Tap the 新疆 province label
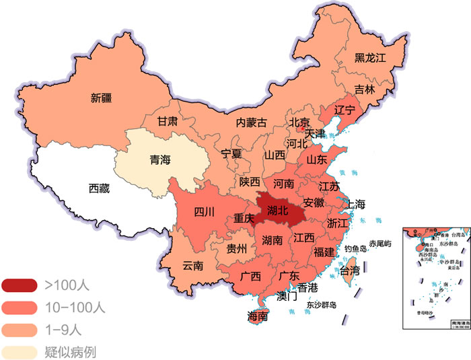102,98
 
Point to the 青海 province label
159,160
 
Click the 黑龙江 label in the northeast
370,59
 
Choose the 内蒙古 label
251,122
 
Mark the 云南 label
192,266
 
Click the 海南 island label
258,316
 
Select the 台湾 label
349,272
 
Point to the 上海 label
355,204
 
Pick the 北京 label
299,122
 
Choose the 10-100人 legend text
73,308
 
